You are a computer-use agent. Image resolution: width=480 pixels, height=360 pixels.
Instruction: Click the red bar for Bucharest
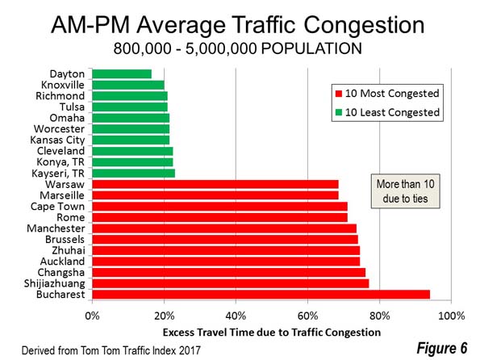[x=261, y=295]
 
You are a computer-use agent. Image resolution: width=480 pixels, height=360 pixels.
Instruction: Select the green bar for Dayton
[x=122, y=73]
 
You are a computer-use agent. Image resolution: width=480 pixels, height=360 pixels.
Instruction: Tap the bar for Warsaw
[x=215, y=184]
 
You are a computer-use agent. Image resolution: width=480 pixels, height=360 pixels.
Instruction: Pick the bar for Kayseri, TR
[x=133, y=173]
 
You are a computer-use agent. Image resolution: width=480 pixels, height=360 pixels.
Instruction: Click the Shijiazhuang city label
[x=55, y=283]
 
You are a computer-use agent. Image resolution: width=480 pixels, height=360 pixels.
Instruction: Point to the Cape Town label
[x=57, y=207]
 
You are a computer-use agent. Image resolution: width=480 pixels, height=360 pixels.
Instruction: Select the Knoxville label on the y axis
[x=62, y=85]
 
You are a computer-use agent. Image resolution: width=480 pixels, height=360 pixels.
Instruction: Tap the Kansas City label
[x=57, y=140]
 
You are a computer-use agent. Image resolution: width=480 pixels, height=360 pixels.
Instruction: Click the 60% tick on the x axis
[x=307, y=316]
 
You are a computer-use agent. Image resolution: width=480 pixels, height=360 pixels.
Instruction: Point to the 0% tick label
[x=92, y=316]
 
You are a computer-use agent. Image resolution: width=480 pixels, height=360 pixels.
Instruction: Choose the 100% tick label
[x=452, y=316]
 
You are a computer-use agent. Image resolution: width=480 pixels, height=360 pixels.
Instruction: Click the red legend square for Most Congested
[x=338, y=94]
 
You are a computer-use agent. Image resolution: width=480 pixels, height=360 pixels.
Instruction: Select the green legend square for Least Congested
[x=338, y=112]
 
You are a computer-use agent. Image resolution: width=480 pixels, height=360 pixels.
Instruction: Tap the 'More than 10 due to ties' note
[x=405, y=191]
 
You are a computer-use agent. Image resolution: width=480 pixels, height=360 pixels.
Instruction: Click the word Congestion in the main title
[x=364, y=26]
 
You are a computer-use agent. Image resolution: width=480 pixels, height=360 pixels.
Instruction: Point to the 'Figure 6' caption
[x=442, y=348]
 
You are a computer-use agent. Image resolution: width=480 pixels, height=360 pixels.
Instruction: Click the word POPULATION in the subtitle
[x=311, y=48]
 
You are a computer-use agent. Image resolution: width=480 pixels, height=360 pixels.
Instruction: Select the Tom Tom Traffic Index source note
[x=111, y=350]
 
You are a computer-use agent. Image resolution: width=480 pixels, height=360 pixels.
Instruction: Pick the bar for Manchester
[x=224, y=228]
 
